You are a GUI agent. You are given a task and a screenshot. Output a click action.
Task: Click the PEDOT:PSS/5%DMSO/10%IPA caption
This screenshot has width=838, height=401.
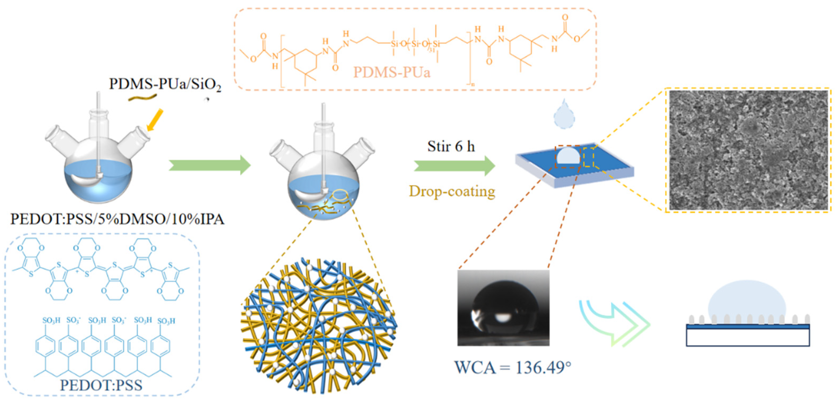(x=117, y=219)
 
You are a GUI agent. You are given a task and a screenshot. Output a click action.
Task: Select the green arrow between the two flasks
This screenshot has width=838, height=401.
(x=210, y=165)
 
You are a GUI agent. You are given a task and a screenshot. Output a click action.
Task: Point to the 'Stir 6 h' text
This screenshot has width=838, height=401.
(x=451, y=146)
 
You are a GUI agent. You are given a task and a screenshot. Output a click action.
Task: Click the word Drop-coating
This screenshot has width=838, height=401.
(x=452, y=191)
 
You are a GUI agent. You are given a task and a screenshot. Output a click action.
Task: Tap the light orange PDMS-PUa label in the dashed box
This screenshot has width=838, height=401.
(x=392, y=72)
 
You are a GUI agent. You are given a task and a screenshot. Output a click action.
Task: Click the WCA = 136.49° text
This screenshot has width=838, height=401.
(x=513, y=368)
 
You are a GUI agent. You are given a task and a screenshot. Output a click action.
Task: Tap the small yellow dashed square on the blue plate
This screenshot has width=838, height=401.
(x=588, y=157)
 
